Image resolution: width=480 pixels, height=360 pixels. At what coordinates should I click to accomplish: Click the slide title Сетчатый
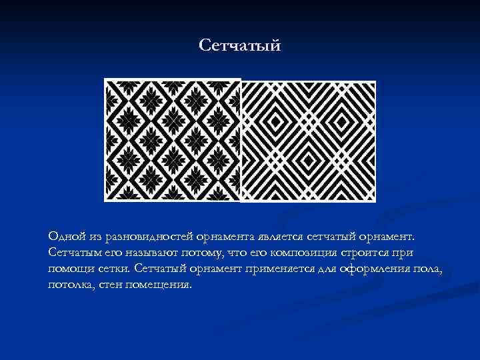pyautogui.click(x=240, y=45)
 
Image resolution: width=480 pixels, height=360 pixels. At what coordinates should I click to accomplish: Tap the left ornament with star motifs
pyautogui.click(x=172, y=139)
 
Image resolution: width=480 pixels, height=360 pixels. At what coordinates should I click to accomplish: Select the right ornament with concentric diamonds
pyautogui.click(x=308, y=141)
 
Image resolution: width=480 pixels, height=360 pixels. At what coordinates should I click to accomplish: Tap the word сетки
pyautogui.click(x=114, y=269)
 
